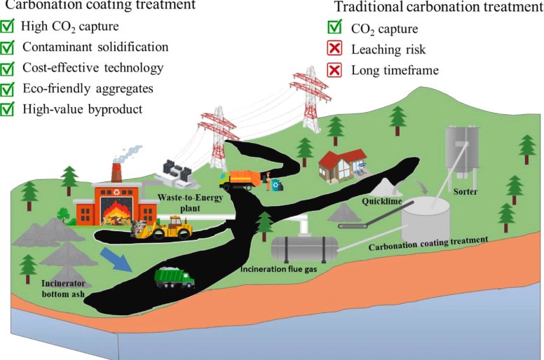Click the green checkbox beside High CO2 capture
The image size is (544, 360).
click(8, 28)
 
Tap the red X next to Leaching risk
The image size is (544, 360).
click(335, 50)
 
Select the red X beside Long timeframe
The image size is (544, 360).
click(335, 70)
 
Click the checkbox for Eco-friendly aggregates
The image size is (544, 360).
click(8, 89)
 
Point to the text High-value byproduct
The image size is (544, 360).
click(82, 109)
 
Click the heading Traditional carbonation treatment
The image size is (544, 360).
click(430, 8)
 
